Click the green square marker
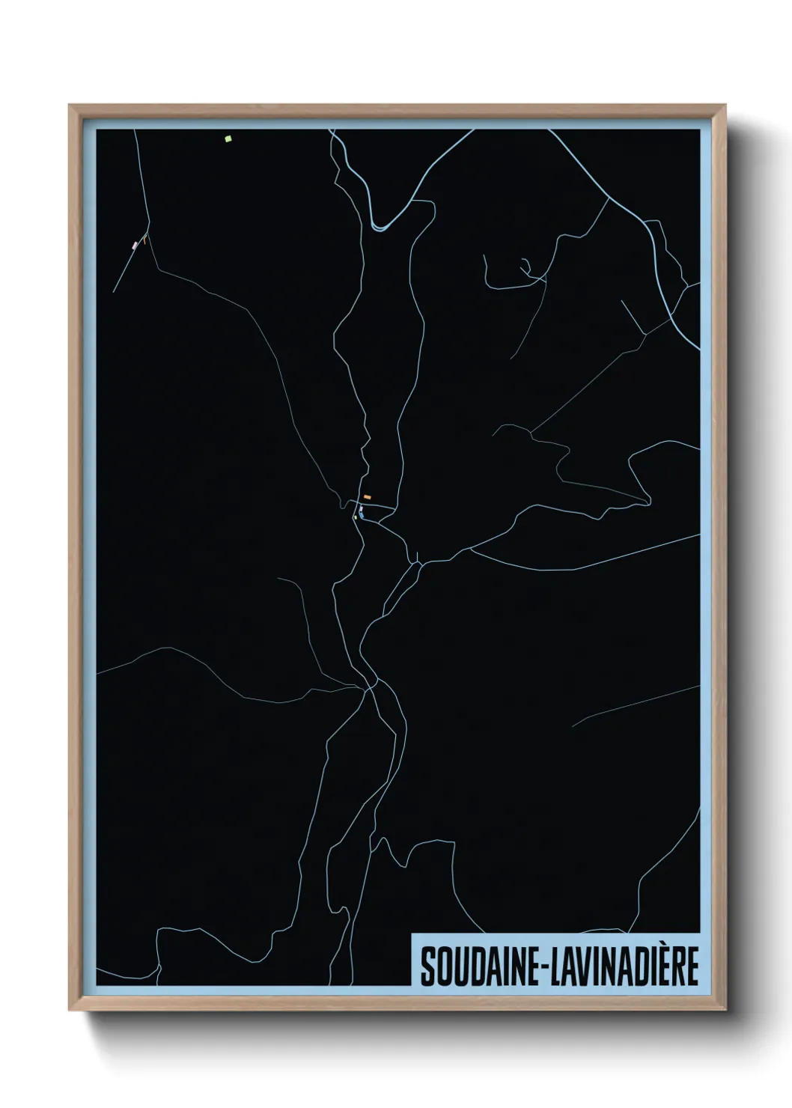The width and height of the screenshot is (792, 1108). click(x=228, y=138)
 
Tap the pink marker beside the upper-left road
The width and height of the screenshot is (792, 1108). click(x=135, y=245)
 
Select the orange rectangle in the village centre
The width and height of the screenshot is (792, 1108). click(x=368, y=497)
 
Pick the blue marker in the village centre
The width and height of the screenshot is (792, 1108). click(x=362, y=514)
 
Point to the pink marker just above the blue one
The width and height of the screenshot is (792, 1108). click(x=361, y=508)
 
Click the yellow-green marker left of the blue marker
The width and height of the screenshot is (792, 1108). click(x=356, y=517)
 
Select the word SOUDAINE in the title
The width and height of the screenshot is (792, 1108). click(x=480, y=967)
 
